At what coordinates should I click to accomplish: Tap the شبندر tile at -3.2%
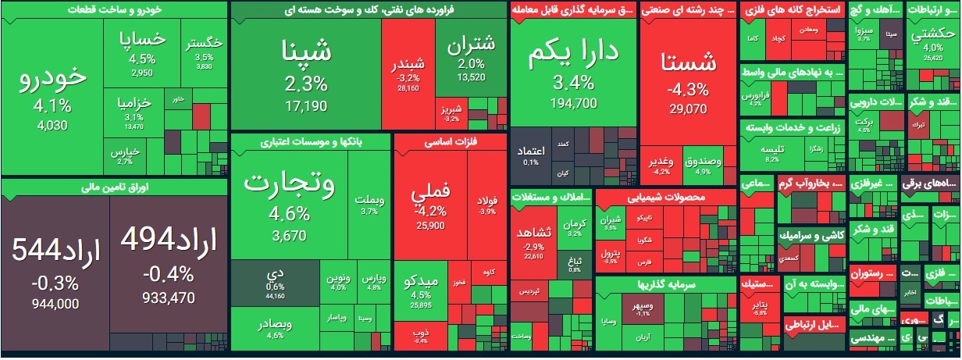[408, 74]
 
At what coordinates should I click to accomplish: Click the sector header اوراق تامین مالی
[113, 187]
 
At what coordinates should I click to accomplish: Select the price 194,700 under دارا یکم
[573, 103]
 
